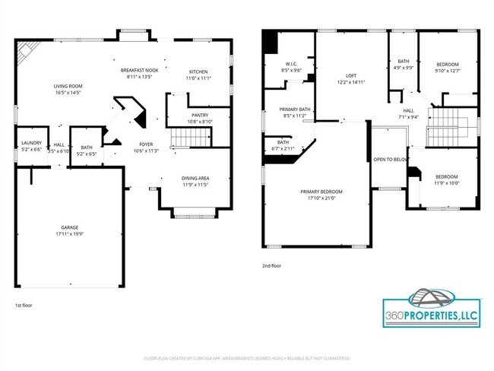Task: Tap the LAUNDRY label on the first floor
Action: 31,142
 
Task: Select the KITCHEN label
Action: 198,71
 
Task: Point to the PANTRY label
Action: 199,116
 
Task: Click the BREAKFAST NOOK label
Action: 137,70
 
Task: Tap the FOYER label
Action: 146,144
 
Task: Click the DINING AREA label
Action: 195,179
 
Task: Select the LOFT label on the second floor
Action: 350,75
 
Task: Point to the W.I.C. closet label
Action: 291,64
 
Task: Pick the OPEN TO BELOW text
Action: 390,160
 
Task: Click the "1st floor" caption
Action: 24,304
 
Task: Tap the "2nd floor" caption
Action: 272,266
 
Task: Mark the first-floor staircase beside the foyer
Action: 188,138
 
